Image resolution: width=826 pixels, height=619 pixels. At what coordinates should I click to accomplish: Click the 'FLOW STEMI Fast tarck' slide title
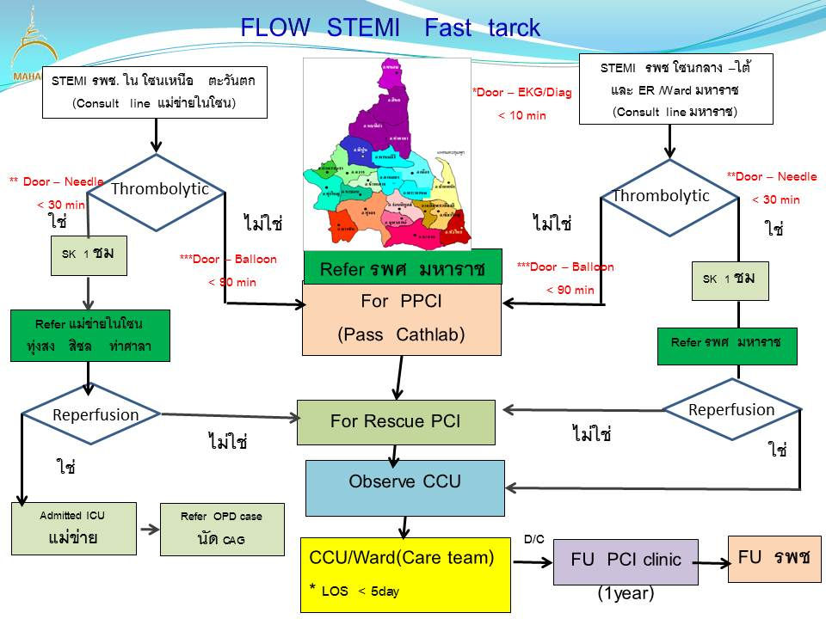pyautogui.click(x=390, y=28)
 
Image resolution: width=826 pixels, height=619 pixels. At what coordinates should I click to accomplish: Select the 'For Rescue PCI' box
pyautogui.click(x=396, y=422)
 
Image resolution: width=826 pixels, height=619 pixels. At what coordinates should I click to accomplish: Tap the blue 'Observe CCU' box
pyautogui.click(x=405, y=487)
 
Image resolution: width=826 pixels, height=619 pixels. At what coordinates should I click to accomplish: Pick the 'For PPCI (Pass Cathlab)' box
pyautogui.click(x=401, y=319)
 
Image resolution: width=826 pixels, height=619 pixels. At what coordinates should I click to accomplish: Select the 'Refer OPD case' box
pyautogui.click(x=222, y=529)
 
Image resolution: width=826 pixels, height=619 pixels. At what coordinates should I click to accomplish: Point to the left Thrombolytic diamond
pyautogui.click(x=155, y=192)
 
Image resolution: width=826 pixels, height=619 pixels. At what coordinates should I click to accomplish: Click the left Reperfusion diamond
pyautogui.click(x=89, y=414)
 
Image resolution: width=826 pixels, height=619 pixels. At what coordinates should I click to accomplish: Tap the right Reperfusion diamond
pyautogui.click(x=731, y=411)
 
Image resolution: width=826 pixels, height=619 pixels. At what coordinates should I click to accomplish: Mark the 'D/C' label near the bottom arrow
pyautogui.click(x=533, y=539)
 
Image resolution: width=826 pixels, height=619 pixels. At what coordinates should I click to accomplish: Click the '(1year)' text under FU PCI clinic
pyautogui.click(x=626, y=593)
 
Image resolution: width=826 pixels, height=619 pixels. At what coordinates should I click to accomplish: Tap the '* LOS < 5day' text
pyautogui.click(x=354, y=591)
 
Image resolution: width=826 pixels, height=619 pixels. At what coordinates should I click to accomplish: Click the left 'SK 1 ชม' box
pyautogui.click(x=89, y=255)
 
